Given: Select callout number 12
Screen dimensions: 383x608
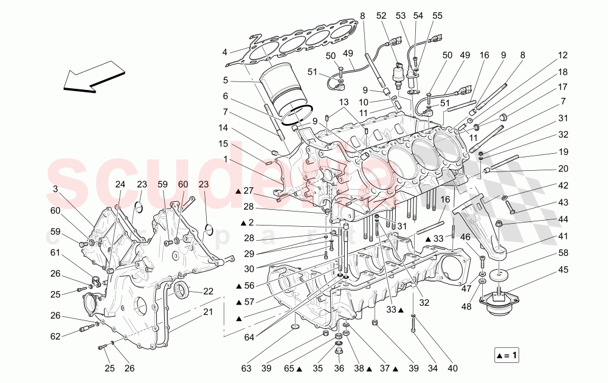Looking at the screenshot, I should pyautogui.click(x=562, y=55).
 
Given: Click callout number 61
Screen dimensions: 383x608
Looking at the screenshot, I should pyautogui.click(x=55, y=252).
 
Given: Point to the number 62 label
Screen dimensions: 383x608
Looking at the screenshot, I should pyautogui.click(x=55, y=336).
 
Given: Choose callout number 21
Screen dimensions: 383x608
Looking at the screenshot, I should pyautogui.click(x=209, y=312).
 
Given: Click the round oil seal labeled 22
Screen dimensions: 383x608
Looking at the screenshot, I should pyautogui.click(x=182, y=291).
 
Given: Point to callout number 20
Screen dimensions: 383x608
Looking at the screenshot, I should pyautogui.click(x=562, y=168).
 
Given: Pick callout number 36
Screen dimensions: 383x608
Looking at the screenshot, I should pyautogui.click(x=339, y=368).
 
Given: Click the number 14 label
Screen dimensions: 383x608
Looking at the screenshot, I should pyautogui.click(x=224, y=128).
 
